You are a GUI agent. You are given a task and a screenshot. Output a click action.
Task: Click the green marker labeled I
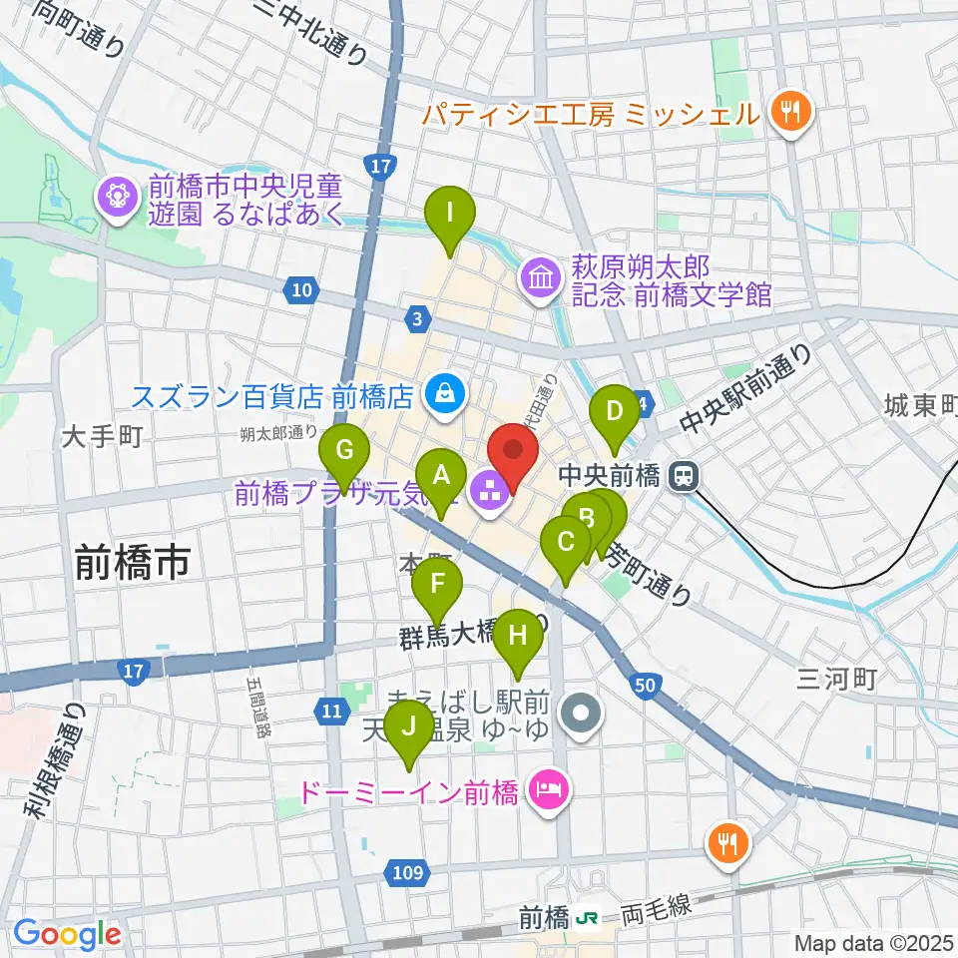449,213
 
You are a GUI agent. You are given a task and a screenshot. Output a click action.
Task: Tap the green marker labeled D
615,410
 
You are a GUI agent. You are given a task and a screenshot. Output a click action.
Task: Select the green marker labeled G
344,450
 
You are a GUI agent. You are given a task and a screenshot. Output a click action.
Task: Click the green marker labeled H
517,635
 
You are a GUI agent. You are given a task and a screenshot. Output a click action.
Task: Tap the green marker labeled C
566,543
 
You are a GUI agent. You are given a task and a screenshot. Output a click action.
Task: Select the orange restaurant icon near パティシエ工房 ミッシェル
793,110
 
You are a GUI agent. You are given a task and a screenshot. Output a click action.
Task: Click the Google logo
68,933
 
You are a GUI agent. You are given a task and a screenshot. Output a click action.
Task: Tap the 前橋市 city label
132,565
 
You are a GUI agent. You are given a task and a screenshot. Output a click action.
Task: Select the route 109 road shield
406,874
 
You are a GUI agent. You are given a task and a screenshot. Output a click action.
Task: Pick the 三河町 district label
836,680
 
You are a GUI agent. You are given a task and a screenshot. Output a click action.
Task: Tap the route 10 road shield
302,290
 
